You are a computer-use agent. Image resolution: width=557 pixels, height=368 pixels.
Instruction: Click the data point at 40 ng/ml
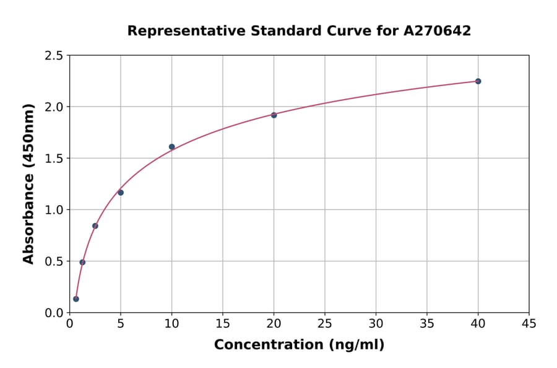478,81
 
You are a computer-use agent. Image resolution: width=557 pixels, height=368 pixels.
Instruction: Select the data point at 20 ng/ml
274,115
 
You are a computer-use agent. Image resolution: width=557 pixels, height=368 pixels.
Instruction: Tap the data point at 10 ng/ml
171,147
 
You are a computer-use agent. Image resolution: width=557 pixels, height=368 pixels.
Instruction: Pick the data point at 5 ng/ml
121,193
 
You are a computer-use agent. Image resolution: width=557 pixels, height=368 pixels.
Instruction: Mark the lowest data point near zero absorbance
76,299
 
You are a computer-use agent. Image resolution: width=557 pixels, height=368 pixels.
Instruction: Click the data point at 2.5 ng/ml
95,226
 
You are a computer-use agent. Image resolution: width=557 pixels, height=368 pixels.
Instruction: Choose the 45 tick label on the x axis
529,323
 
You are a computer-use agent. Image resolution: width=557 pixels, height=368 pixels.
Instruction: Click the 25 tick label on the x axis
324,323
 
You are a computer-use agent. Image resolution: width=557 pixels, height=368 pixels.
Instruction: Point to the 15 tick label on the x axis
222,323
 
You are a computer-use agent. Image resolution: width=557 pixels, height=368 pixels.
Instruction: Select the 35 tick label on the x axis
426,323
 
